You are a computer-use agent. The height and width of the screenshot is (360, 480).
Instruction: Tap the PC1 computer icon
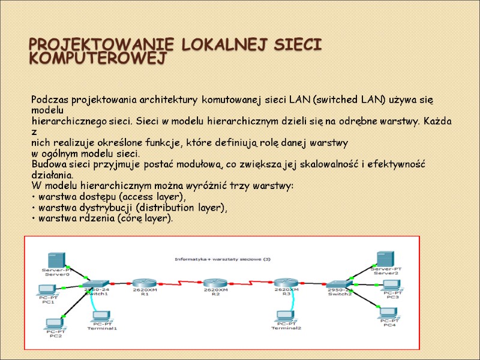[47, 291]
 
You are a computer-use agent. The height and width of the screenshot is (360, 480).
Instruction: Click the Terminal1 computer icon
[101, 317]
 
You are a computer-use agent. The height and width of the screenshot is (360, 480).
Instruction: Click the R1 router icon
[144, 283]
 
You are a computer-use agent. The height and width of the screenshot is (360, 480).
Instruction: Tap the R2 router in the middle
[215, 283]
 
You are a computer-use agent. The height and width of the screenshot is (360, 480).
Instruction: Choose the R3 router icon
[286, 283]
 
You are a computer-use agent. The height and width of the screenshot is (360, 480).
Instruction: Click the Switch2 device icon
[340, 284]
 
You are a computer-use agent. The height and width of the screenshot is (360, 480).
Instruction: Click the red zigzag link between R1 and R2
[179, 283]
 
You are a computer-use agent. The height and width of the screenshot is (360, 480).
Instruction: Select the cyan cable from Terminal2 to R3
[291, 302]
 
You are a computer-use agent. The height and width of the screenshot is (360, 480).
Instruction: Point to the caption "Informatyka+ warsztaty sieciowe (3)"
[223, 259]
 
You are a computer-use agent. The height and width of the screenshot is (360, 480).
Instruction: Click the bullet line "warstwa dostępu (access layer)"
[111, 197]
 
